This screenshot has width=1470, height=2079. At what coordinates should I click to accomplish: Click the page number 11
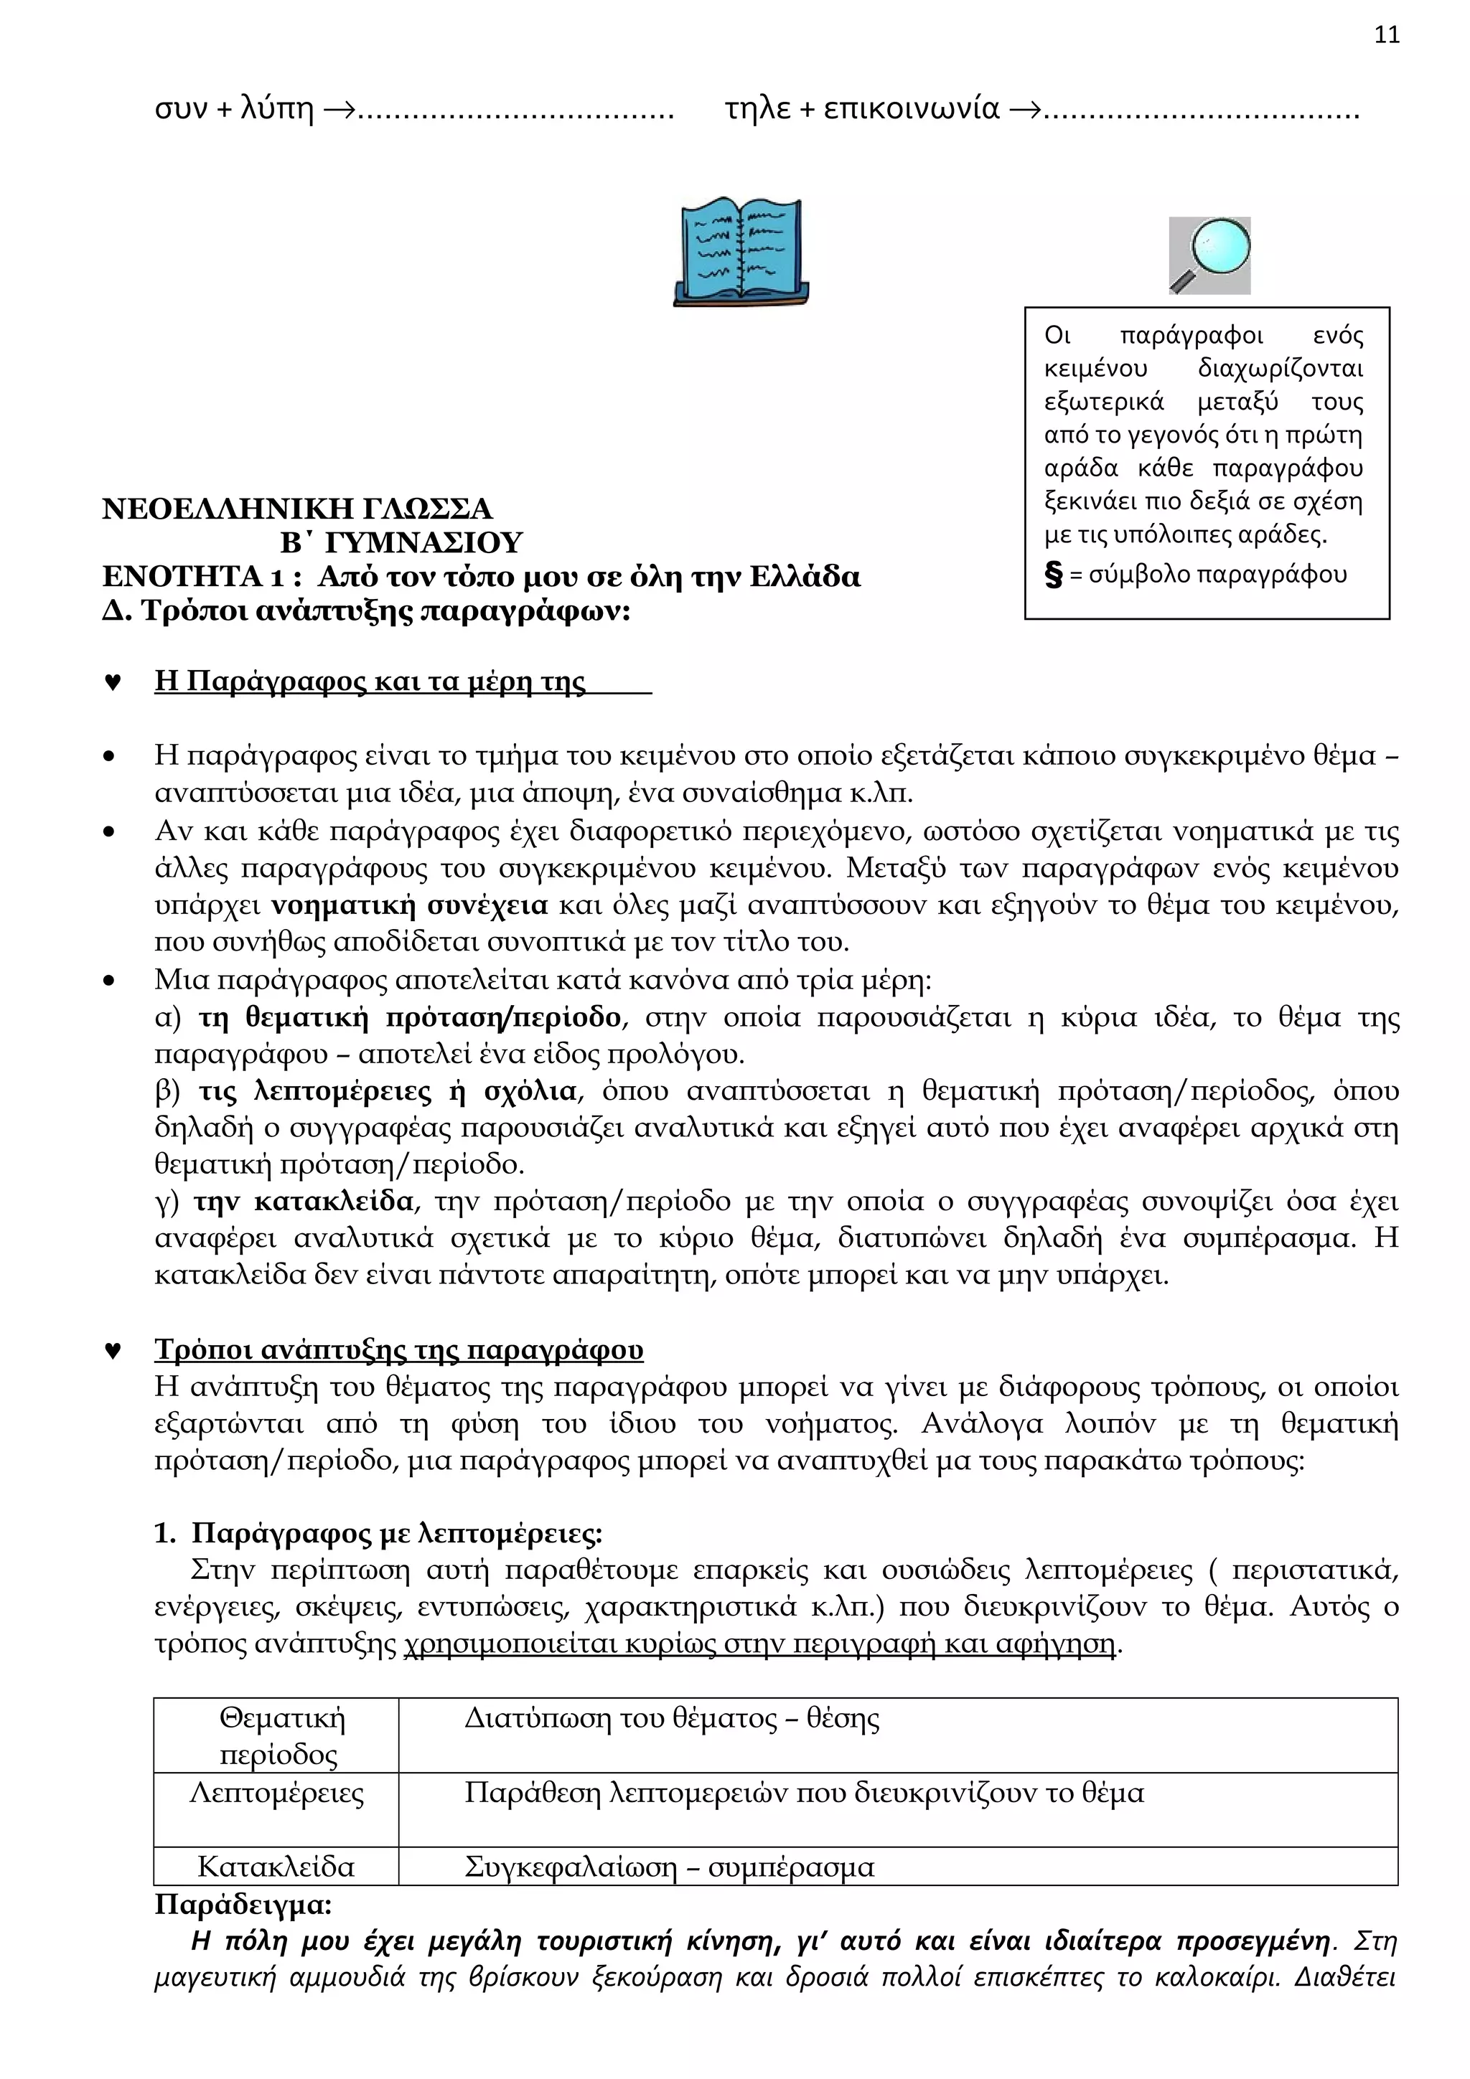click(1386, 35)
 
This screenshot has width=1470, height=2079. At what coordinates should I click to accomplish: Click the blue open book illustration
click(741, 253)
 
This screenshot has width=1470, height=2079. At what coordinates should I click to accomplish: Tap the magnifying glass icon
click(1209, 255)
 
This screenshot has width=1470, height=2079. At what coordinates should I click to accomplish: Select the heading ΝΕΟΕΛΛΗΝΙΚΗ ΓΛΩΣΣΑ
click(297, 509)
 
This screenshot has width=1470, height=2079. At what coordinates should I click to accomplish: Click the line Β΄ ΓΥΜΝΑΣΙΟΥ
click(401, 542)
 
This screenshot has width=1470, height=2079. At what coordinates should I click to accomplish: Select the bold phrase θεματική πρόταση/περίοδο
click(409, 1018)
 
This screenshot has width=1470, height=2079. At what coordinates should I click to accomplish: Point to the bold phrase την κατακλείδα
click(304, 1202)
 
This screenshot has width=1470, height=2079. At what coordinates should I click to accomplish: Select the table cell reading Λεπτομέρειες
click(276, 1793)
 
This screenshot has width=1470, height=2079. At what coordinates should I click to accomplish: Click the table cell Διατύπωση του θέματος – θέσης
click(671, 1719)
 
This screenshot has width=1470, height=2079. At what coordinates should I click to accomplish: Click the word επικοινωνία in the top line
click(911, 110)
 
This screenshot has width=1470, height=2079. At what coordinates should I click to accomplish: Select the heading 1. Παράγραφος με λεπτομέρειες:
click(378, 1533)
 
